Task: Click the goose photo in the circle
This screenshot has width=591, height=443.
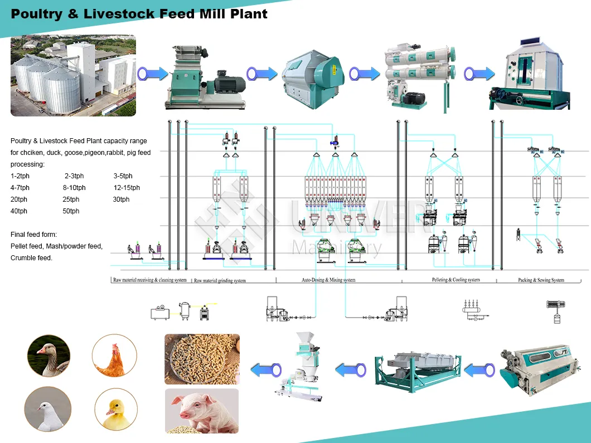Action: coord(49,356)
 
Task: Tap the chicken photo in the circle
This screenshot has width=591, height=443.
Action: coord(114,356)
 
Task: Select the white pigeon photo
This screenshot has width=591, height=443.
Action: coord(48,409)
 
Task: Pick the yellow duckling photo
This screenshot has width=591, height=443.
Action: coord(116,409)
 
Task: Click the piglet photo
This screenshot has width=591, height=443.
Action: coord(201,411)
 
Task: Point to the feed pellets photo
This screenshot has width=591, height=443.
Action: coord(202,359)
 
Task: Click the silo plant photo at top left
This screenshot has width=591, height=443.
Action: coord(73,75)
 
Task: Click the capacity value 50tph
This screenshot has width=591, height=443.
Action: coord(71,211)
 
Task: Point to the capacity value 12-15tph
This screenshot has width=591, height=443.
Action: coord(127,188)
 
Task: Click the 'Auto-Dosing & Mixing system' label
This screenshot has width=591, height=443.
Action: coord(328,280)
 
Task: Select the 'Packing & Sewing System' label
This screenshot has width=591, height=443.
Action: coord(541,280)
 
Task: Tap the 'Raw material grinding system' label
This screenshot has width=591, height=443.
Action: coord(219,280)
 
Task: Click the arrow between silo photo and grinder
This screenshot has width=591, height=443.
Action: coord(152,73)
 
